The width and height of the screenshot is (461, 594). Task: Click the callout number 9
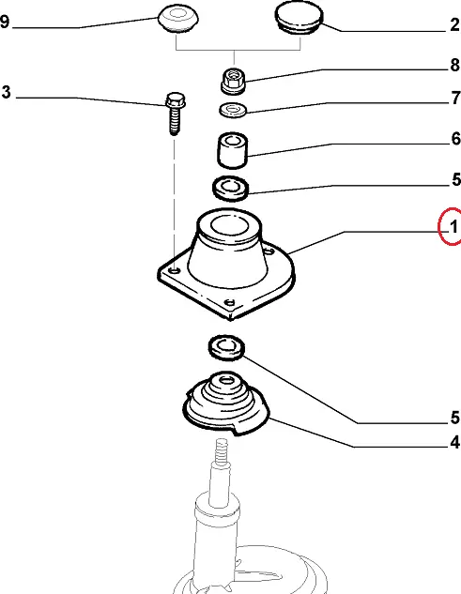pos(5,22)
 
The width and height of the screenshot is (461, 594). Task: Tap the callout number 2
pos(455,25)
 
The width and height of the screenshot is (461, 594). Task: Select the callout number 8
pos(455,65)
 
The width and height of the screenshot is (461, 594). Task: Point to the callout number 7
pos(455,98)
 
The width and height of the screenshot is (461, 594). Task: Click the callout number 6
pos(455,139)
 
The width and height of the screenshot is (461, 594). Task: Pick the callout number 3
pos(6,92)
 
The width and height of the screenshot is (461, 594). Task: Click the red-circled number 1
pos(453,227)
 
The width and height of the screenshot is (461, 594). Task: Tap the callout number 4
pos(455,442)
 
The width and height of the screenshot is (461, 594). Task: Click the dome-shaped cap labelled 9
pos(178,19)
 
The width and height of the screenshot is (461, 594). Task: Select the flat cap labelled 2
pos(299,18)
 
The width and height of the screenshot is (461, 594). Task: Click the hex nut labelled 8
pos(233,81)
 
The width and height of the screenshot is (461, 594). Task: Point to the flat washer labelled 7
pos(233,110)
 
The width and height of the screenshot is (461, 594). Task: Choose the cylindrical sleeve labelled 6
pos(233,150)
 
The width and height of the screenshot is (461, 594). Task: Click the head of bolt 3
pos(176,99)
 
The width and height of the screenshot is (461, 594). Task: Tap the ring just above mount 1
pos(231,188)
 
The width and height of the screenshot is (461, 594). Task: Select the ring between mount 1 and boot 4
pos(226,347)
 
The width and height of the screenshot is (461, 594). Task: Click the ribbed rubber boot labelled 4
pos(226,404)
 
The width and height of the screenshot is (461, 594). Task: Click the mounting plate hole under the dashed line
pos(174,271)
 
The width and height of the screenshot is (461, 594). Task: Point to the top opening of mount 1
pos(230,226)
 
